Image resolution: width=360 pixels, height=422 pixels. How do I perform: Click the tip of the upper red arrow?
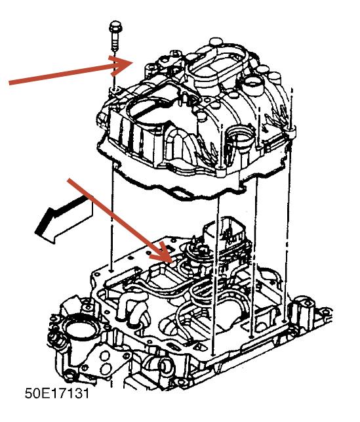pyautogui.click(x=134, y=63)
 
